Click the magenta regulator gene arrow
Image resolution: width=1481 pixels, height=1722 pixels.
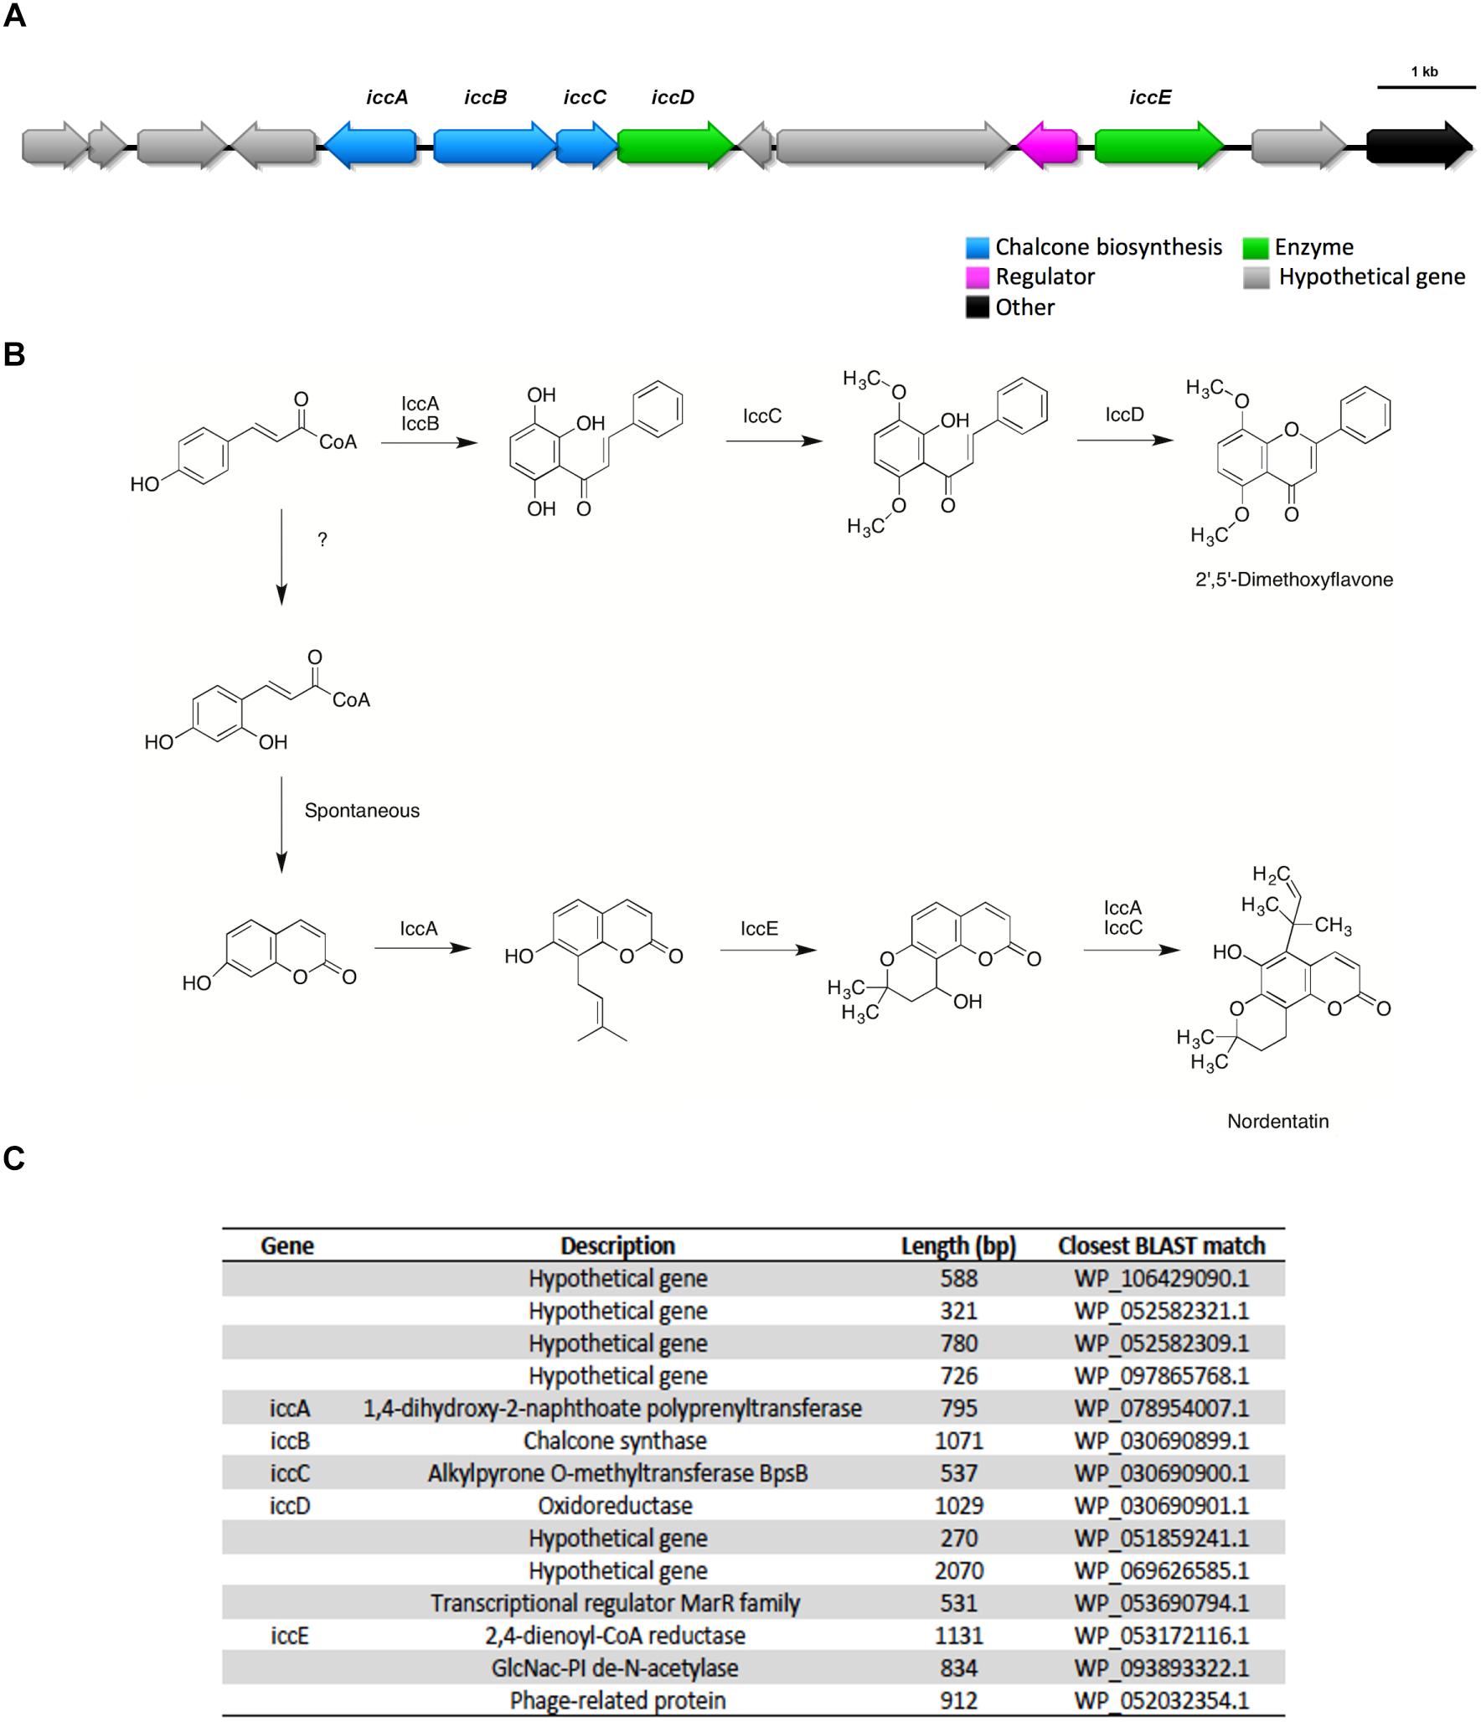point(1047,146)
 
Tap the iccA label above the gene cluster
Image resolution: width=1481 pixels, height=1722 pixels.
point(387,98)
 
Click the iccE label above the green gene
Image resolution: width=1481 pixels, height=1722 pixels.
point(1149,98)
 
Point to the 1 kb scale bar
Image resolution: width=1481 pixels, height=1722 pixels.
point(1426,86)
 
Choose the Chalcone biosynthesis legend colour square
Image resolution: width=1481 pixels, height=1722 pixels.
point(977,247)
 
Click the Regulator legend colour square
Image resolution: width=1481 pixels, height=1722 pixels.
point(977,277)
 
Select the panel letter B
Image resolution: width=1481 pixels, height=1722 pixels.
point(14,354)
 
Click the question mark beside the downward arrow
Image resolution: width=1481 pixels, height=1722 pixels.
point(323,540)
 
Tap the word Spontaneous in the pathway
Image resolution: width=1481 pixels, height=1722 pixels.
point(362,811)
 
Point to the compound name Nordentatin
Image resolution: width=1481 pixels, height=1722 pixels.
point(1277,1121)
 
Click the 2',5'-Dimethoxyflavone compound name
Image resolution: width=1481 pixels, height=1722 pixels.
point(1293,580)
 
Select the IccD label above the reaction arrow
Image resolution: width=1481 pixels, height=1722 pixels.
point(1124,415)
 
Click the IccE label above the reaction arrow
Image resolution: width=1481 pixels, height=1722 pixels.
point(759,928)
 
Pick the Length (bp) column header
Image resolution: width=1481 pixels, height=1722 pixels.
point(958,1246)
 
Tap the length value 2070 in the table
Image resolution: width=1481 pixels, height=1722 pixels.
point(958,1570)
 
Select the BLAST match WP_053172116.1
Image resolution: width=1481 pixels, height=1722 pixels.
point(1161,1635)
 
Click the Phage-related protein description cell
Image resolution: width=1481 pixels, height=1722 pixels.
point(617,1700)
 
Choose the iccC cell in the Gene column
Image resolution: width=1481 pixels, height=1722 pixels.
point(290,1473)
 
